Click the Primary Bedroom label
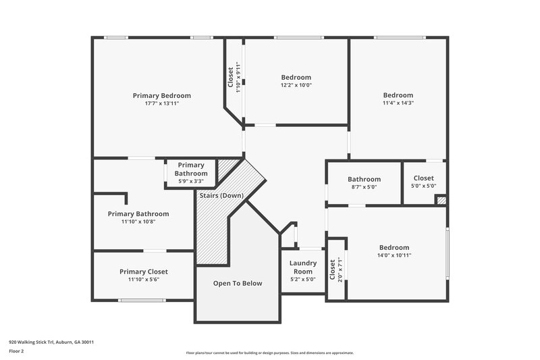[161, 95]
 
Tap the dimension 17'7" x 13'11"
[161, 103]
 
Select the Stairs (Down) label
[221, 196]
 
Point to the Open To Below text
[238, 283]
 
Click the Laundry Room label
[302, 267]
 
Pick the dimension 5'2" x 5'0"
[302, 279]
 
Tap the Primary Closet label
[144, 272]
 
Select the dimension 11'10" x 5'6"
[144, 280]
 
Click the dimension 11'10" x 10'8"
[138, 222]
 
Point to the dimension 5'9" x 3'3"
[190, 181]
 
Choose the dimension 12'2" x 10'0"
[296, 85]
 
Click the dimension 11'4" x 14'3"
[398, 103]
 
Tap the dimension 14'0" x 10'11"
[394, 255]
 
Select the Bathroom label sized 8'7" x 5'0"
[364, 179]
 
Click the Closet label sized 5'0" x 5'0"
[424, 178]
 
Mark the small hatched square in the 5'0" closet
[441, 200]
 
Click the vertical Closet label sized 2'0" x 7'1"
[332, 269]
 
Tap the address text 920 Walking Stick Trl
[51, 342]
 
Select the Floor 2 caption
[16, 351]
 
